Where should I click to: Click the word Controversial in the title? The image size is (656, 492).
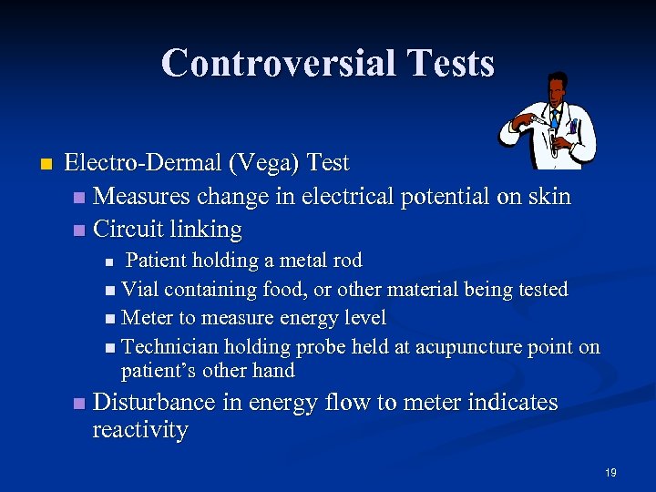(x=272, y=63)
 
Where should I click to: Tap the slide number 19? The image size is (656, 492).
(x=610, y=472)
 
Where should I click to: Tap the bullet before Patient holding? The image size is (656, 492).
(x=109, y=262)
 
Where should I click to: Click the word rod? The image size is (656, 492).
(x=346, y=261)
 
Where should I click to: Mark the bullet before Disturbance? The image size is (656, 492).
(x=79, y=403)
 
